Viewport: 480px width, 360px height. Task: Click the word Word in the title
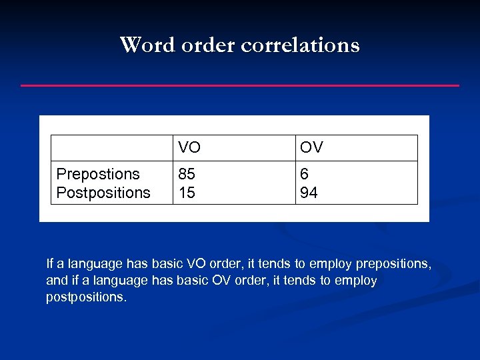[141, 45]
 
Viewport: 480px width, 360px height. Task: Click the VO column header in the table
[189, 147]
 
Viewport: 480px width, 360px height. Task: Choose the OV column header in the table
[311, 147]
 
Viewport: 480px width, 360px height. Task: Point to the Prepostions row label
[98, 174]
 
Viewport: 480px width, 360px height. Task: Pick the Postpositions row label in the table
[103, 193]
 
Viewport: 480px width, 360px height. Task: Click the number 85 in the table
[187, 174]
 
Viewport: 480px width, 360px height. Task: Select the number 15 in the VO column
[187, 193]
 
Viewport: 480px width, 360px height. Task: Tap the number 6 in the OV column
[305, 174]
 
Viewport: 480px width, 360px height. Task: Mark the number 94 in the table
[309, 193]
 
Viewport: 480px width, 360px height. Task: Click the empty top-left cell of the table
[112, 147]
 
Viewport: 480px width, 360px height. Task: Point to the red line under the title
[240, 85]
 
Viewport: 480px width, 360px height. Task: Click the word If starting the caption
[49, 263]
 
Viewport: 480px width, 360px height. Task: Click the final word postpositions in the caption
[85, 297]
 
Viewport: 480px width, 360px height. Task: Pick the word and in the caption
[56, 281]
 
